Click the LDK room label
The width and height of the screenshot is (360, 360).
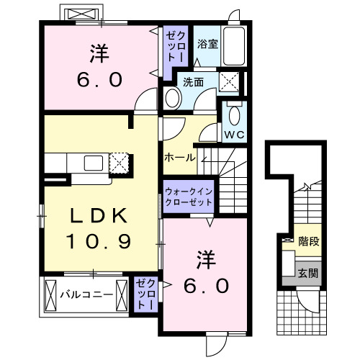(x=100, y=215)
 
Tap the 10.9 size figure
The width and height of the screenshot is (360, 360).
(x=100, y=242)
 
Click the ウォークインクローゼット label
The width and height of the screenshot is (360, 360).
(x=189, y=197)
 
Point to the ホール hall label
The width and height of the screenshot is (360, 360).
(x=178, y=157)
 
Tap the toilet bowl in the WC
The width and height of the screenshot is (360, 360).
(x=234, y=114)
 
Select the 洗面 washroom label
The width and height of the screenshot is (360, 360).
(x=192, y=81)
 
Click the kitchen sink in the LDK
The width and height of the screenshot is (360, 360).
(x=94, y=163)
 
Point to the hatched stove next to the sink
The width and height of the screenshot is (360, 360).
(x=118, y=163)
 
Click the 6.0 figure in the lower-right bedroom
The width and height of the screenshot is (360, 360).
(x=204, y=285)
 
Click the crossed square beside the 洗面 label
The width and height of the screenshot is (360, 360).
(x=231, y=81)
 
